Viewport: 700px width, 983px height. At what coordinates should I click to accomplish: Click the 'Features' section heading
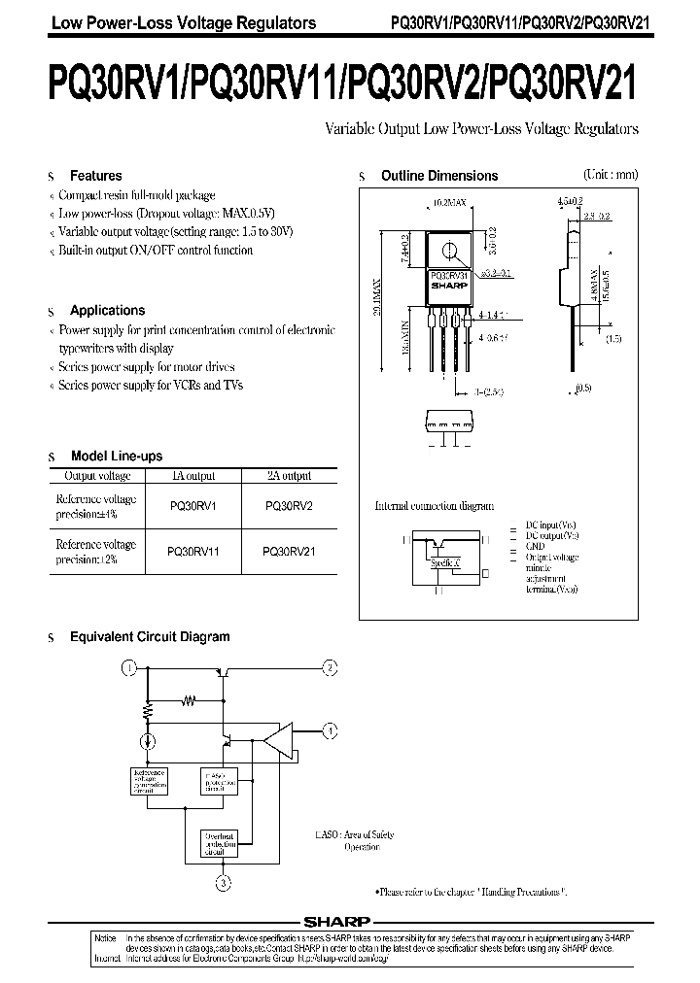click(95, 176)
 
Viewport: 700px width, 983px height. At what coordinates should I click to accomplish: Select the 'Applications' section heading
click(107, 311)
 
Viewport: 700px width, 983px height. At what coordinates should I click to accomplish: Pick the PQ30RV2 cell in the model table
click(289, 506)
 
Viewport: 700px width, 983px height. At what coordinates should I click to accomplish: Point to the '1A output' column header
click(192, 476)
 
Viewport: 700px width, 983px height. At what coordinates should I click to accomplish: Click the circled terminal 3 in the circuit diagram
click(223, 882)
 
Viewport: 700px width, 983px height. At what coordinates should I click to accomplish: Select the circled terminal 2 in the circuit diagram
click(330, 667)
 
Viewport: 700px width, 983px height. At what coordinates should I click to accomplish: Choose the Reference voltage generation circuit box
click(148, 781)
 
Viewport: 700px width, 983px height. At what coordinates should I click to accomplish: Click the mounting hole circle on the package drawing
click(448, 252)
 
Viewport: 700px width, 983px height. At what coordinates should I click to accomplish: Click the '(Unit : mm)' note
click(610, 175)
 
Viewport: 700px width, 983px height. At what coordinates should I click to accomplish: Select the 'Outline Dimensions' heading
click(438, 176)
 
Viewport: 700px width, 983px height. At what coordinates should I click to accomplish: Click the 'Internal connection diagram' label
click(435, 506)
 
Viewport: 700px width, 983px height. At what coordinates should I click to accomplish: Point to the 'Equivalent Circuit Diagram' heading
click(150, 637)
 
